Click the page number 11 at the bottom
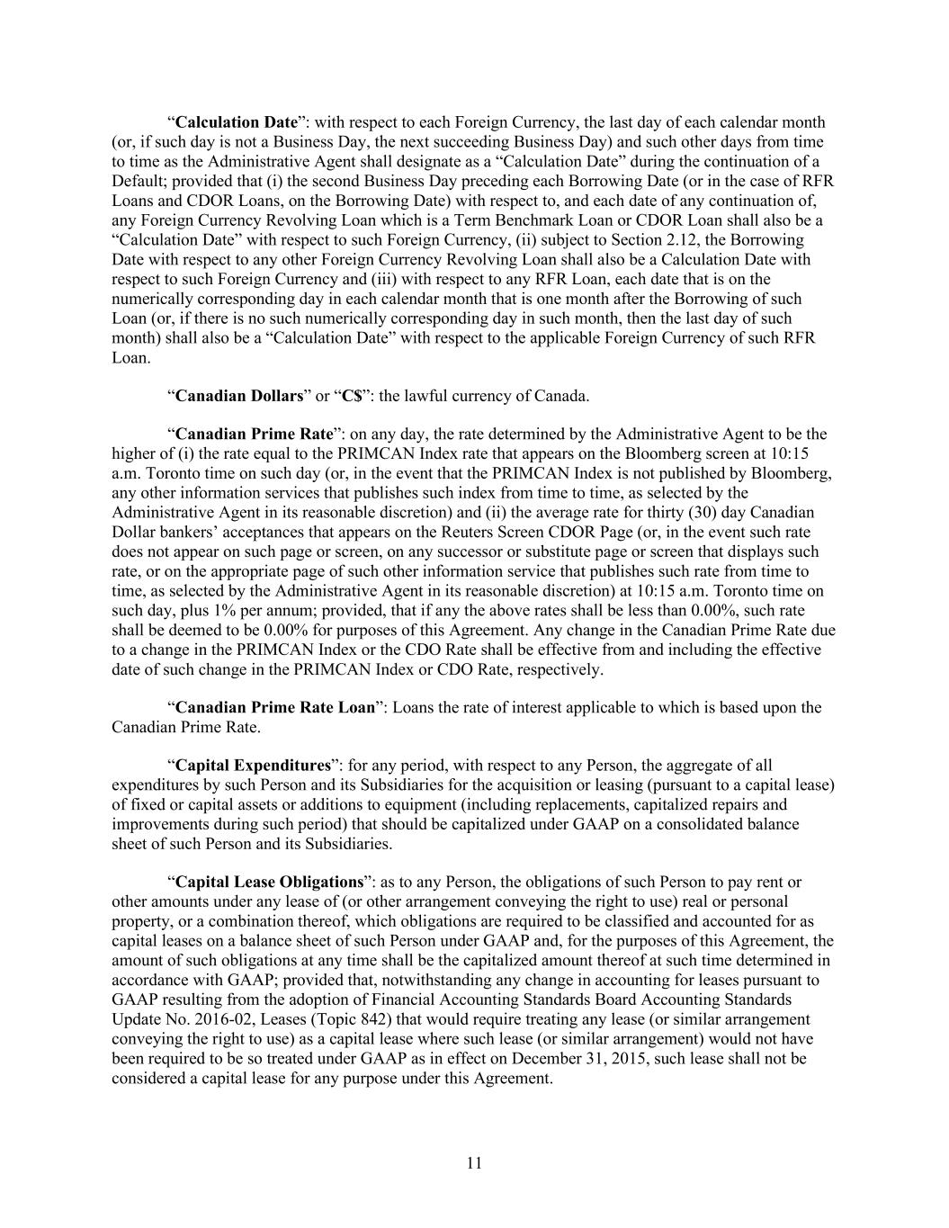pyautogui.click(x=475, y=1163)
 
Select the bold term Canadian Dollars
pyautogui.click(x=238, y=396)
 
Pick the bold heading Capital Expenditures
pyautogui.click(x=253, y=766)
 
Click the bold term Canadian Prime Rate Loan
pyautogui.click(x=274, y=707)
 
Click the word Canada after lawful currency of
pyautogui.click(x=563, y=396)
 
